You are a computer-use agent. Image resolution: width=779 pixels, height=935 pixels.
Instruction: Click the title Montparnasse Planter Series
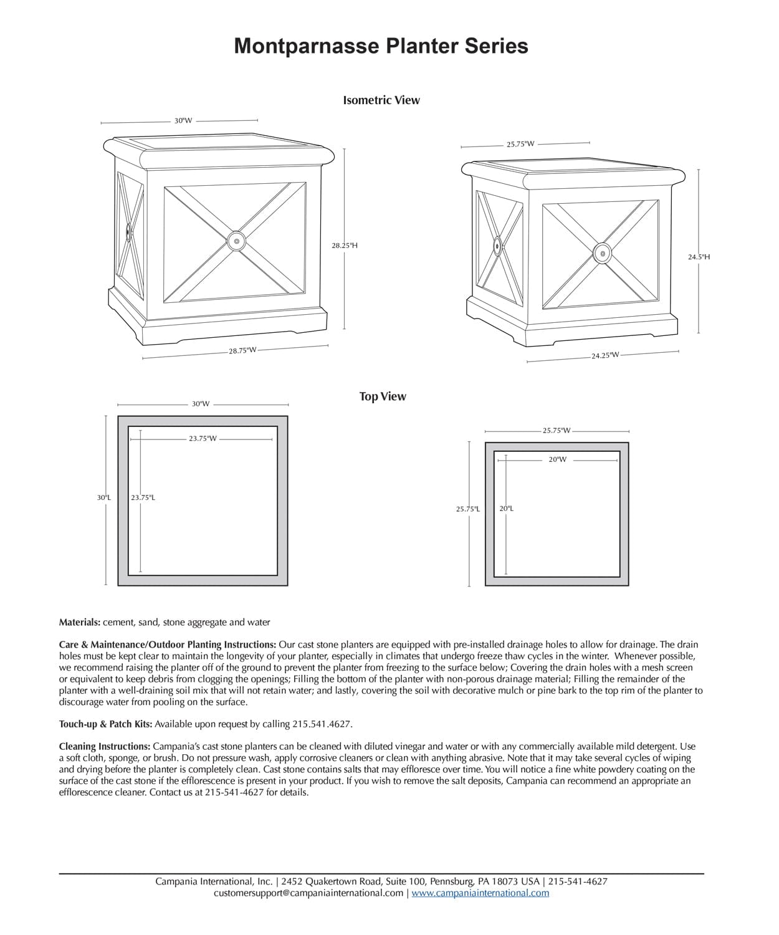(x=381, y=46)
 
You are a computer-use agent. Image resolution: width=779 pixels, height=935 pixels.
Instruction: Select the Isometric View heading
(x=381, y=100)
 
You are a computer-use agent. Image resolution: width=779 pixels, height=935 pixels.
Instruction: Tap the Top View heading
(x=382, y=396)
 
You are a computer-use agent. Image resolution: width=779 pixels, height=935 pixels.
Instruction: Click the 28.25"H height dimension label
(x=345, y=246)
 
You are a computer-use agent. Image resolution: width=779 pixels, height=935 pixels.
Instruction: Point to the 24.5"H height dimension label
(x=699, y=256)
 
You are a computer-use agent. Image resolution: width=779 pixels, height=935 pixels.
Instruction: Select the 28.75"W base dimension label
(x=242, y=351)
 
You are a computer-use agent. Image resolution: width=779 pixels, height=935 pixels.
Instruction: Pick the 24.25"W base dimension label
(x=605, y=355)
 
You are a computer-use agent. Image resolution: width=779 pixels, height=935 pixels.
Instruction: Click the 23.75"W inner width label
(x=203, y=438)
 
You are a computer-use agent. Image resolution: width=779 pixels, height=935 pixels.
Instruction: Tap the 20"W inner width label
(x=557, y=459)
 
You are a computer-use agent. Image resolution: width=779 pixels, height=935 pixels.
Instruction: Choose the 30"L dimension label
(x=103, y=497)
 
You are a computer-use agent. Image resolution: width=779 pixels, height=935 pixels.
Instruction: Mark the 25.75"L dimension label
(x=467, y=509)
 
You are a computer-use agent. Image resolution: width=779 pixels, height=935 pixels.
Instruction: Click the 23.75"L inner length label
(x=143, y=497)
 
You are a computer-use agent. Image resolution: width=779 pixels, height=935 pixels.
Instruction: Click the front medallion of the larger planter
(x=236, y=241)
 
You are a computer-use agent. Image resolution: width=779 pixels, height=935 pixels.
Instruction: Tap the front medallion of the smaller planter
(x=602, y=253)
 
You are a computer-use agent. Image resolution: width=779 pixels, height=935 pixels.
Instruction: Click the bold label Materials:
(x=79, y=622)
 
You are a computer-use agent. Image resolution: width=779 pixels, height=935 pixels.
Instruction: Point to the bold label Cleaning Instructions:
(x=105, y=746)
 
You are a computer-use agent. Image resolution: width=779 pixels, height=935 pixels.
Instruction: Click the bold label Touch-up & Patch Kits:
(x=105, y=724)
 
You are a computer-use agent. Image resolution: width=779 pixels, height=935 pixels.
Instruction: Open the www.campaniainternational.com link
(x=480, y=893)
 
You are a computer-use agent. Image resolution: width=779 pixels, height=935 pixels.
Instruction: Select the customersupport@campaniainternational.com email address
(x=308, y=893)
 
